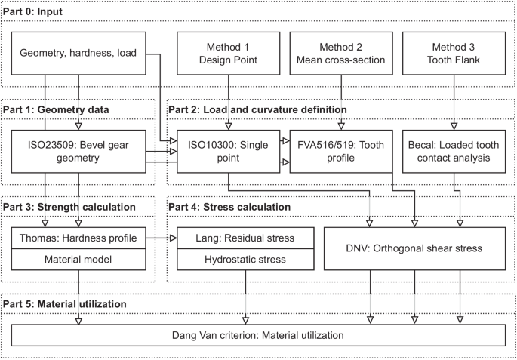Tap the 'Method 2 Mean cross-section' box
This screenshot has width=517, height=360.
(x=342, y=54)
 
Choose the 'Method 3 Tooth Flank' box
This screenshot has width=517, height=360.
(x=454, y=54)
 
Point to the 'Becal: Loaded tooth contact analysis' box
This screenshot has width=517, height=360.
(x=454, y=151)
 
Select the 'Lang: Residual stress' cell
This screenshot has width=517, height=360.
(x=235, y=238)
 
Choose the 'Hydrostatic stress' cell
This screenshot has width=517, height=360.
(x=235, y=259)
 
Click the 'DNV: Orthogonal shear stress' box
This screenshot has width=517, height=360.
(x=414, y=248)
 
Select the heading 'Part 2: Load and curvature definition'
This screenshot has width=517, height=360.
(x=257, y=109)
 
